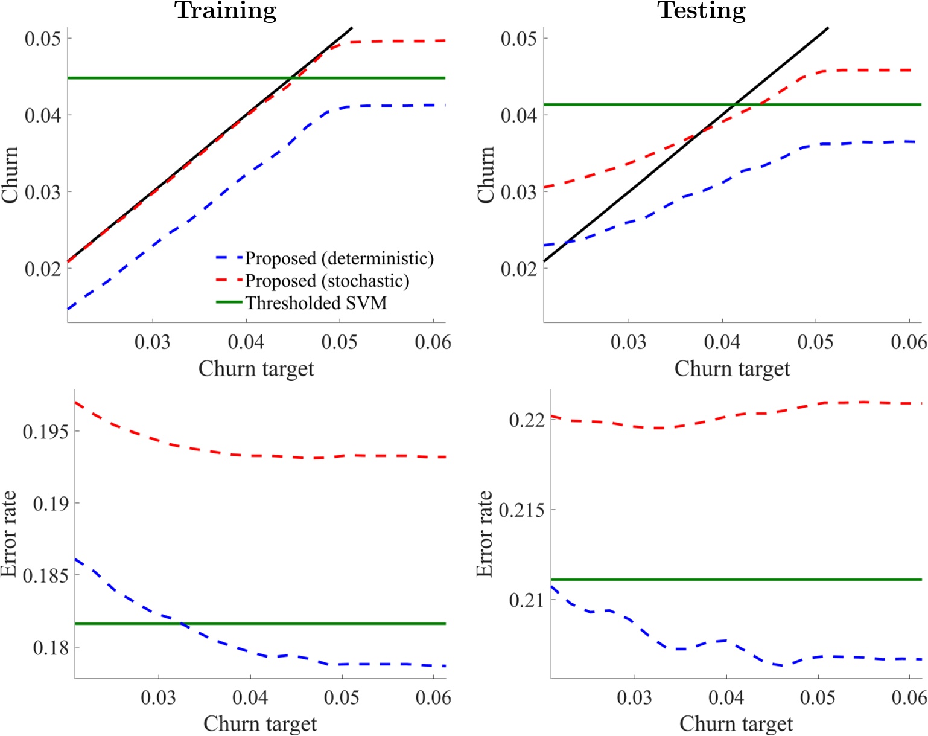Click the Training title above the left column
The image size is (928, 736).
[226, 11]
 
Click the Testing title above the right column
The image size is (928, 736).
[701, 11]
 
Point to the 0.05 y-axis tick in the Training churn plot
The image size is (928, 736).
[43, 39]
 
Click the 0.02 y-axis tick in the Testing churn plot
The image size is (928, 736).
[519, 269]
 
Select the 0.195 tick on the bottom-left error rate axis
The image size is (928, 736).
[46, 432]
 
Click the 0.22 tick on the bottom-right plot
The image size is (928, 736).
[527, 420]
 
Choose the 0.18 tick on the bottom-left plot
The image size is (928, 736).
[51, 648]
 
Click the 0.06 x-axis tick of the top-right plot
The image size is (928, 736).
[909, 342]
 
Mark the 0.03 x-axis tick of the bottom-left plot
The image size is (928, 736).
[158, 698]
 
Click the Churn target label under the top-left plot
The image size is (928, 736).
[256, 368]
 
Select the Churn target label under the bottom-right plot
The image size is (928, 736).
[736, 723]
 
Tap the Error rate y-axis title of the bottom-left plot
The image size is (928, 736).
[8, 534]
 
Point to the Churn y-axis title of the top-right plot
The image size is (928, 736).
[486, 174]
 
